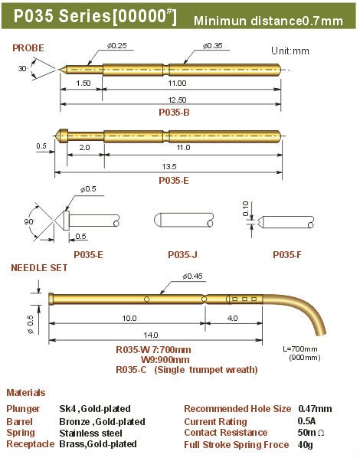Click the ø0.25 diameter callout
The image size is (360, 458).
(117, 46)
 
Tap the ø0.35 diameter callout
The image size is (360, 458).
(213, 46)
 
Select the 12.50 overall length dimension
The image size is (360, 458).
(177, 100)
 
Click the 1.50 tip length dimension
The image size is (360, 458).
(83, 83)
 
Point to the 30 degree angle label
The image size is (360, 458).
(22, 69)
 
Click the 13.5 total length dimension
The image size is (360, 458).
(169, 166)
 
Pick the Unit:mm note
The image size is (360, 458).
(290, 51)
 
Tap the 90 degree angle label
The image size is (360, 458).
(29, 222)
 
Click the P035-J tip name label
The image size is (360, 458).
(182, 255)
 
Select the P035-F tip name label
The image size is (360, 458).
(286, 255)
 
